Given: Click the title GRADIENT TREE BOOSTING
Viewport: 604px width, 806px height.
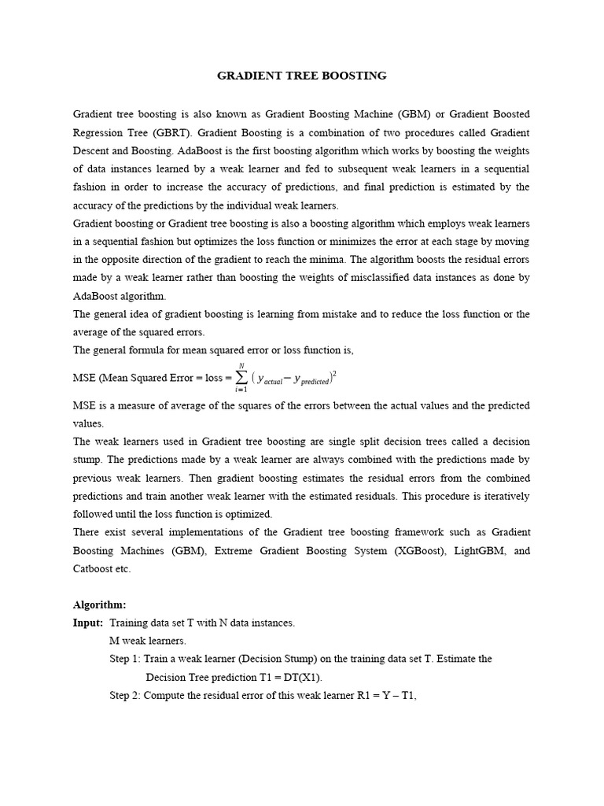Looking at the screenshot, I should [302, 76].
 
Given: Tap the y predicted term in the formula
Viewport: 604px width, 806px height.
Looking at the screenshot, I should [312, 380].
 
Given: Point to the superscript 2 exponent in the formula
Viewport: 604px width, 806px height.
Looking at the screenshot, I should [335, 372].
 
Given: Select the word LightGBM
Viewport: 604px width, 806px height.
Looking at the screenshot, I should [475, 551].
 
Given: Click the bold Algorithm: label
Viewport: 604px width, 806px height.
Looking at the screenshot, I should [99, 604].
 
